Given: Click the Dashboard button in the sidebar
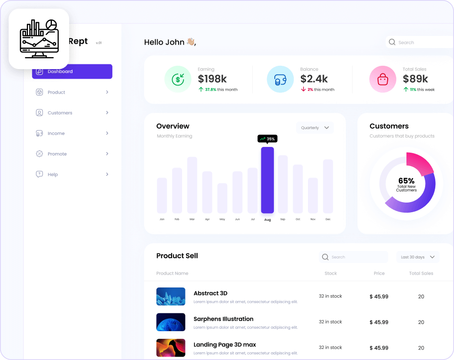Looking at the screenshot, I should (72, 72).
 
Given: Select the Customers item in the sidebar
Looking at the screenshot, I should (60, 113).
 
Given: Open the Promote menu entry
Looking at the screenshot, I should (57, 154).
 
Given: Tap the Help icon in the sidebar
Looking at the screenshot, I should (39, 174).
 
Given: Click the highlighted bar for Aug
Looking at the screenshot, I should (268, 180).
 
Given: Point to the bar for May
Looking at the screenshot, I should (222, 198).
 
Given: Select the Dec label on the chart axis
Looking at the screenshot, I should (328, 219).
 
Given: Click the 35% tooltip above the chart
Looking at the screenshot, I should (267, 139).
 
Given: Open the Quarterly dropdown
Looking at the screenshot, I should (315, 128).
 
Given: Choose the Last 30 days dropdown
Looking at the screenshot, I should (417, 257).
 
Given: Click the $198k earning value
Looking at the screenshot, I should (212, 79).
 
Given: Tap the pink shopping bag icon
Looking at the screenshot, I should (382, 79).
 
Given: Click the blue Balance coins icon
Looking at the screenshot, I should (280, 79).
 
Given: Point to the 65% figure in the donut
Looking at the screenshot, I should (406, 181).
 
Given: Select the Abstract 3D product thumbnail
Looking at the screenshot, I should (171, 297).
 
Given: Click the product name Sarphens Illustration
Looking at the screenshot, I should (223, 319).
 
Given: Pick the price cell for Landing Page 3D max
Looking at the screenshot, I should (379, 348).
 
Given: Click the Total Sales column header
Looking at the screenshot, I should (421, 274).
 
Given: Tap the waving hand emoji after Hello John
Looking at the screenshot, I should (191, 42).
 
